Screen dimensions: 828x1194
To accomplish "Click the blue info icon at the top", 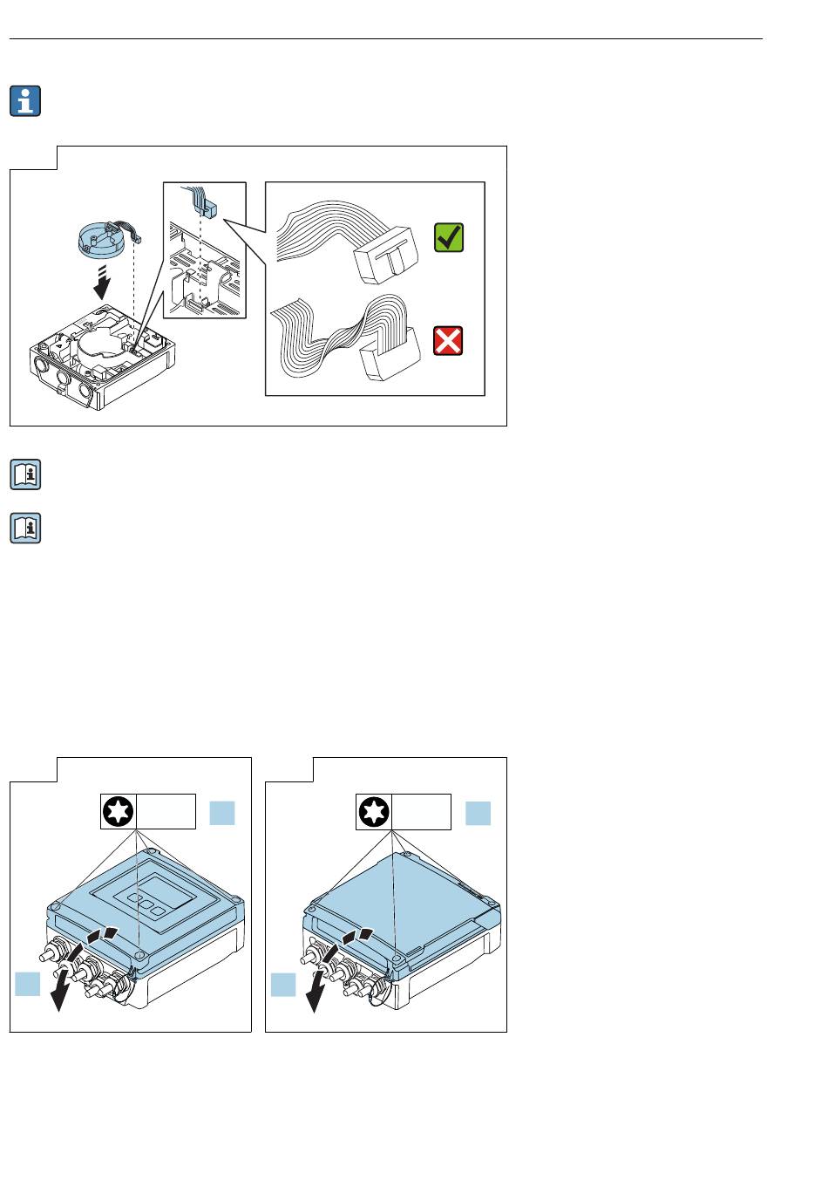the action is pyautogui.click(x=25, y=101).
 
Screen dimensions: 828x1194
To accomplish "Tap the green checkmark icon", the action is pyautogui.click(x=448, y=237).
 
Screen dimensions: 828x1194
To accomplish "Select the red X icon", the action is pyautogui.click(x=448, y=341).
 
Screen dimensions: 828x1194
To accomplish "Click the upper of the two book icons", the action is pyautogui.click(x=25, y=475).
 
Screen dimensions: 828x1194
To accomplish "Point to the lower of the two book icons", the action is pyautogui.click(x=25, y=528).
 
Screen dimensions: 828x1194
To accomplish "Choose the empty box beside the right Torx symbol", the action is pyautogui.click(x=421, y=812).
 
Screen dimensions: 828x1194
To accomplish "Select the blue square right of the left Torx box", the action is pyautogui.click(x=222, y=813).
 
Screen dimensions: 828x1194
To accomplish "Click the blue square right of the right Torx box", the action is pyautogui.click(x=478, y=813).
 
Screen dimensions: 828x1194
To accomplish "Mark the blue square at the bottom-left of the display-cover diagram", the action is pyautogui.click(x=28, y=984).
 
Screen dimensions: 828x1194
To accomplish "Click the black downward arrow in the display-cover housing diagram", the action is pyautogui.click(x=60, y=986).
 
